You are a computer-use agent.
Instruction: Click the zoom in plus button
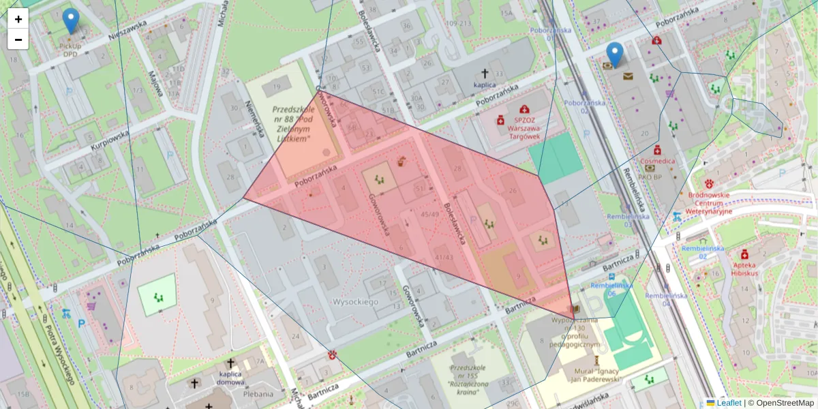[x=18, y=19]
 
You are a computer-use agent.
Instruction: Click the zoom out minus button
[x=18, y=40]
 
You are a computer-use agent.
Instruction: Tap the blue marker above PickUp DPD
[x=70, y=20]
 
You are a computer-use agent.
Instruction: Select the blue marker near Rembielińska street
[x=615, y=55]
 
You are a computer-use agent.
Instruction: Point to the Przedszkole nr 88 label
[x=293, y=123]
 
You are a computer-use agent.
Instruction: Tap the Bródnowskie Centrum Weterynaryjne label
[x=710, y=202]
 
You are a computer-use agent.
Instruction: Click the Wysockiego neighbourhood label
[x=355, y=301]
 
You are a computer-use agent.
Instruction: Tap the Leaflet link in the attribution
[x=728, y=403]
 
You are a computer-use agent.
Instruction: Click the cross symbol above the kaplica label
[x=485, y=73]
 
